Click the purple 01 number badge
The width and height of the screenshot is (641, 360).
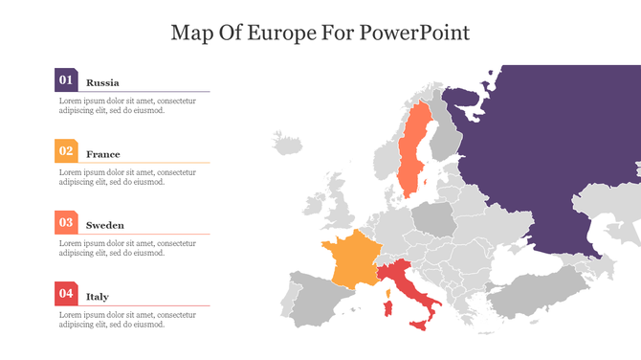tap(66, 80)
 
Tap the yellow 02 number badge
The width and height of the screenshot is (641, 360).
tap(66, 151)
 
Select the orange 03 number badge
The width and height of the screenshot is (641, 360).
tap(66, 222)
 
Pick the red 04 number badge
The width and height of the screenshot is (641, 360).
tap(66, 294)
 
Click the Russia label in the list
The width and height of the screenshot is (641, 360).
tap(102, 82)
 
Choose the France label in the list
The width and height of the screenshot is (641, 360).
tap(103, 154)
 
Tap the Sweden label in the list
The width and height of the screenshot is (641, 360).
tap(105, 225)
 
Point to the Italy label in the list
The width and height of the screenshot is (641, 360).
tap(98, 297)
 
